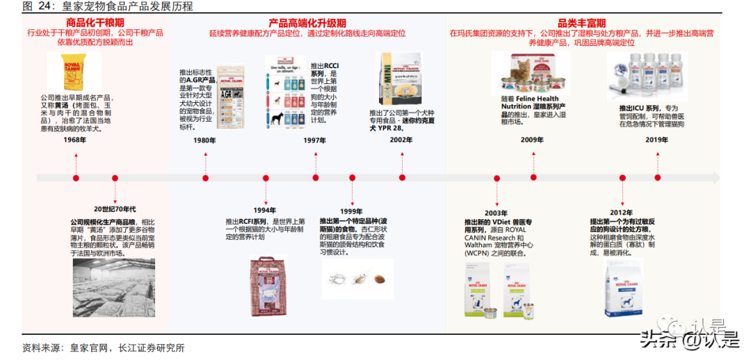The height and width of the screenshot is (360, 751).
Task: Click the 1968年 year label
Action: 75,140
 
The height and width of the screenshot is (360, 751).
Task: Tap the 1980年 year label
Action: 204,140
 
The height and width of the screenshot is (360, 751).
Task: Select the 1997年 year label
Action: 315,140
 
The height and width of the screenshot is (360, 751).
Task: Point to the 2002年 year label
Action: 401,140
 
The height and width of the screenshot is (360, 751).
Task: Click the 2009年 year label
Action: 532,140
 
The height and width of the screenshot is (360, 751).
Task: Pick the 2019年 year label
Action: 656,140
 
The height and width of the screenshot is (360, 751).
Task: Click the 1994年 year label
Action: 265,210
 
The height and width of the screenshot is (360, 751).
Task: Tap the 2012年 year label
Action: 620,212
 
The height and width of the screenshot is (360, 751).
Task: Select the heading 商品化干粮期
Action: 95,23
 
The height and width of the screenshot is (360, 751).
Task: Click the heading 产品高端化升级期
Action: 307,23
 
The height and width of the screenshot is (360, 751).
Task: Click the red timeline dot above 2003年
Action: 496,179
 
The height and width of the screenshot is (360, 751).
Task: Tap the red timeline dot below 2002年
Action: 401,179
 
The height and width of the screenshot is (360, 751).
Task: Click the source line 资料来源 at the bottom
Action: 103,347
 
